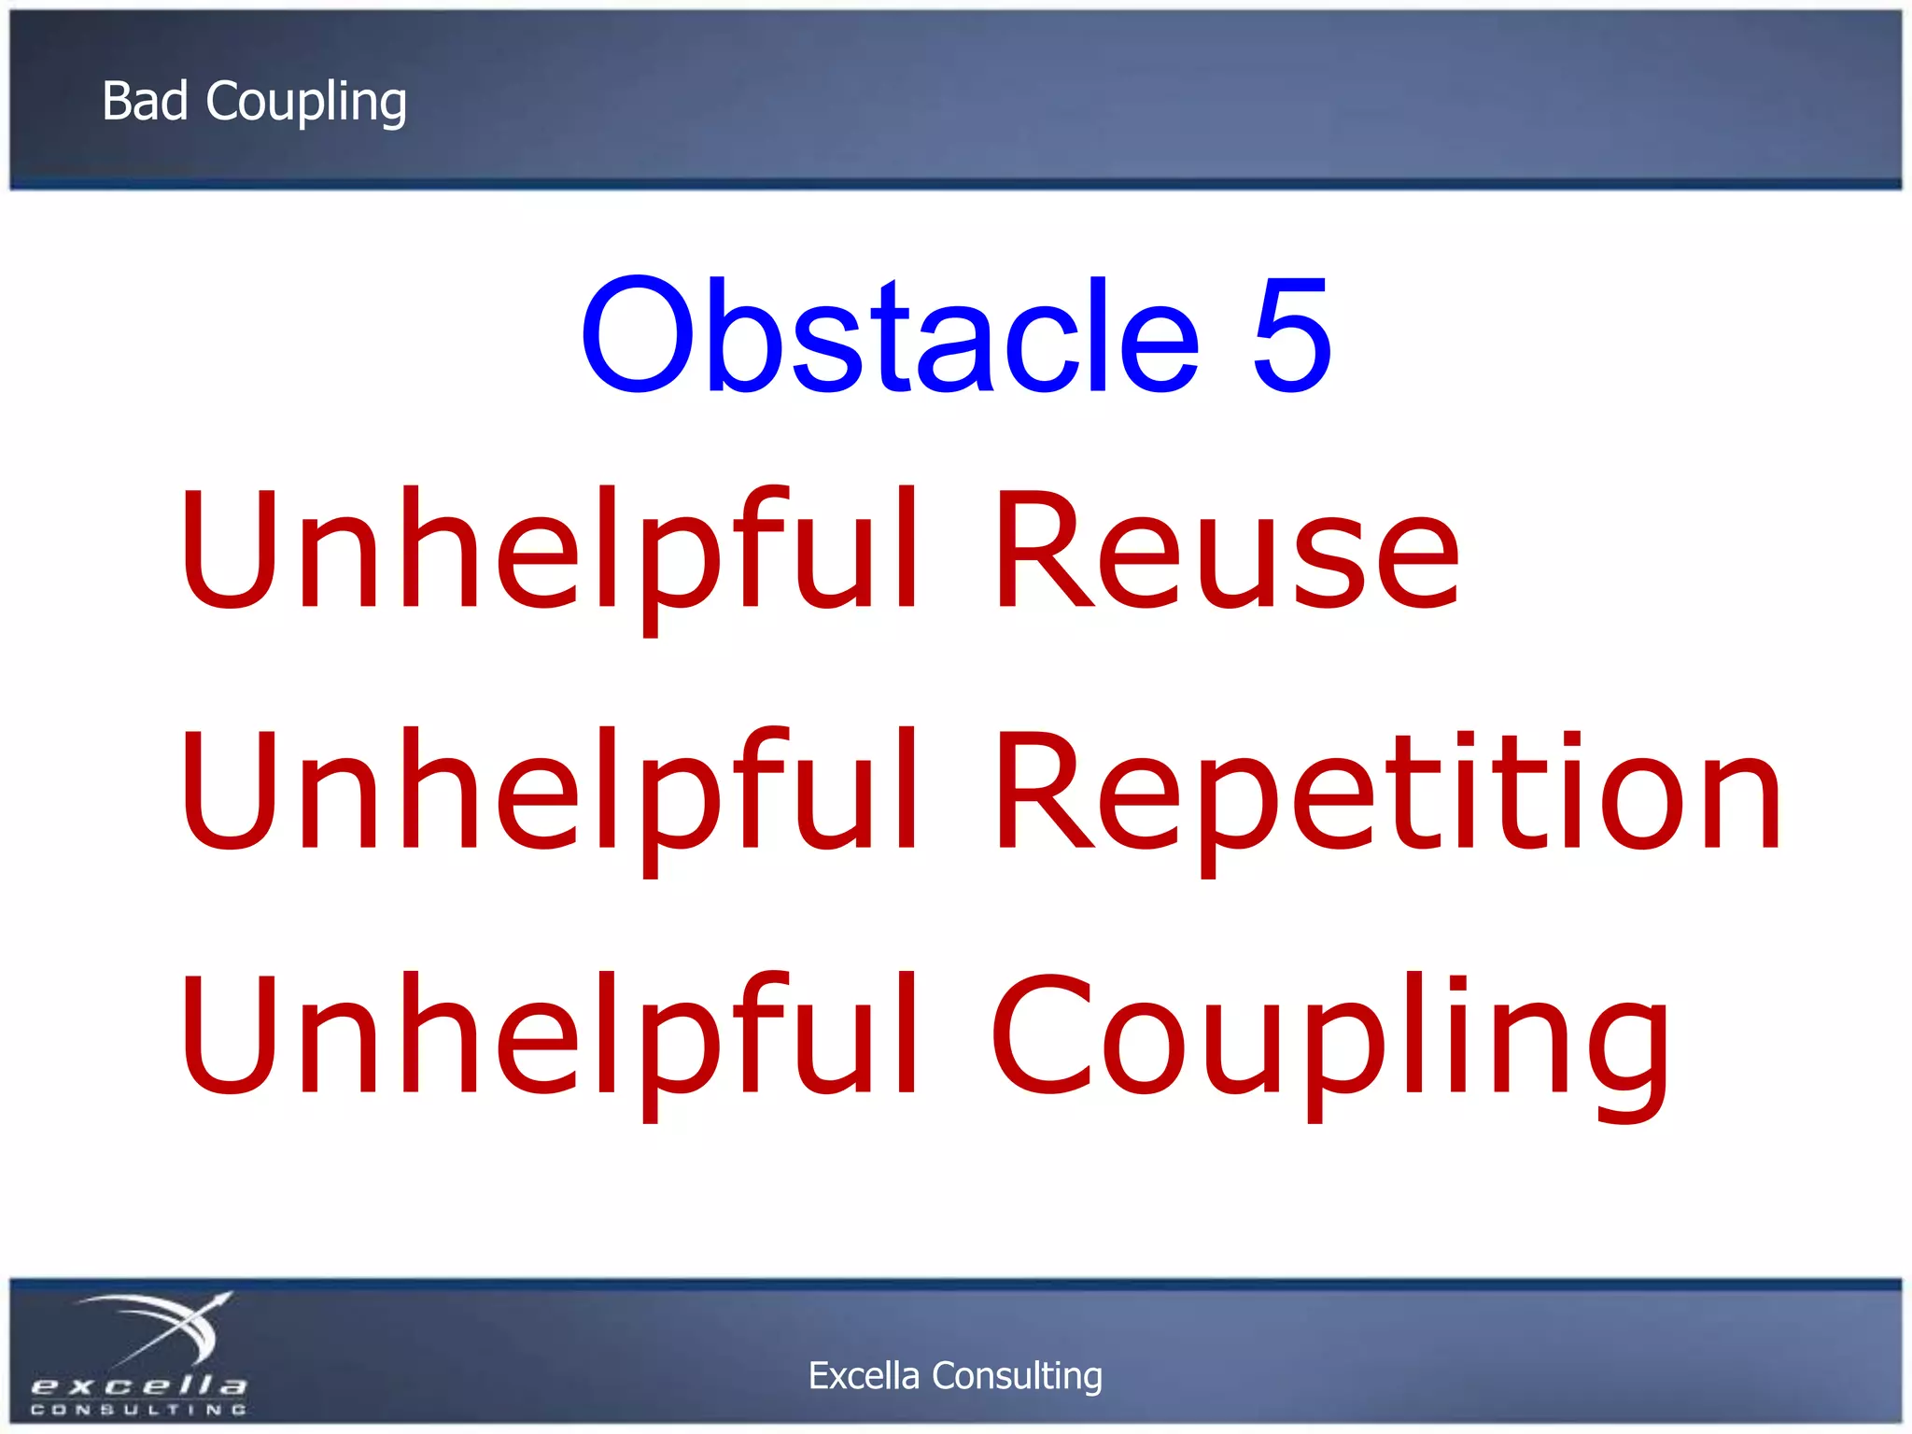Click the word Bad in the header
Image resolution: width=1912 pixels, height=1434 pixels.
[x=145, y=101]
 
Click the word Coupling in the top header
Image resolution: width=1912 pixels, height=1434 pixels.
[x=306, y=103]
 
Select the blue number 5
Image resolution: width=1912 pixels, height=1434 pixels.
[x=1291, y=334]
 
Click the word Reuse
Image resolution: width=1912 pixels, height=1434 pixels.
[x=1226, y=551]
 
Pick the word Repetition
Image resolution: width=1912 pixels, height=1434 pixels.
[x=1387, y=794]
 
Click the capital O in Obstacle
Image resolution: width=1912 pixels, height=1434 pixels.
[x=640, y=334]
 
